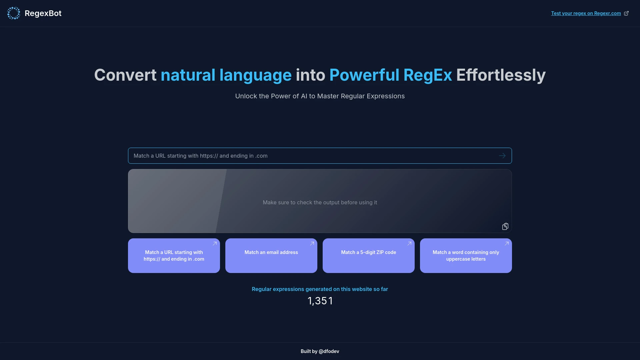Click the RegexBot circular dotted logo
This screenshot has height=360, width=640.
[14, 13]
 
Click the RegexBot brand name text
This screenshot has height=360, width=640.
[43, 13]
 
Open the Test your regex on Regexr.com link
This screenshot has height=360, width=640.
[586, 13]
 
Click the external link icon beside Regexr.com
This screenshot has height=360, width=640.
[626, 13]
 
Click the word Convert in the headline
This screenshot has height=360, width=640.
[125, 75]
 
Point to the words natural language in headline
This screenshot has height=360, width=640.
[226, 75]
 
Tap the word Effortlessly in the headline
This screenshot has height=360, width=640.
[501, 75]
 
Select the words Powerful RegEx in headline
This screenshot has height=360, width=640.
[390, 75]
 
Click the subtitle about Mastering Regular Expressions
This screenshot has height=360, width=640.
[320, 96]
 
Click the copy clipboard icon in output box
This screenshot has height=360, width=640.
[505, 227]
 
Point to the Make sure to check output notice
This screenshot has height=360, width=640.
[320, 202]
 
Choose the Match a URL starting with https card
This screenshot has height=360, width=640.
[174, 256]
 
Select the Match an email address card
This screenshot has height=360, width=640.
[271, 256]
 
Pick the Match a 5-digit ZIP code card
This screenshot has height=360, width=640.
[368, 256]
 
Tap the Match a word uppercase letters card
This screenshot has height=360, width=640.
[466, 256]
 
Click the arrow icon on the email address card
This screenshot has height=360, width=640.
[312, 244]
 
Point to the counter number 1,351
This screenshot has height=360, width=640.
[320, 301]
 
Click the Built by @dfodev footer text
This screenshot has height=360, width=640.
[320, 351]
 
